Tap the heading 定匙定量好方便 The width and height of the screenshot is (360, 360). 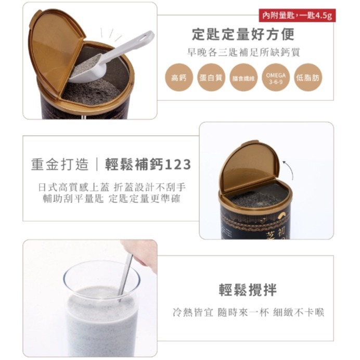pos(243,35)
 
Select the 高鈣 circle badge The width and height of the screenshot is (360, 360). pos(178,78)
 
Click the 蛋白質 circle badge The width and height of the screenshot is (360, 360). pos(211,78)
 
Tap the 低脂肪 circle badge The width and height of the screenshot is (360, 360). pos(307,78)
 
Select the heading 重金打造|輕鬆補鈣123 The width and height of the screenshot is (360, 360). pos(111,165)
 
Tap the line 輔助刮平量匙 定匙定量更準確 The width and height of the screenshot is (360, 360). pos(111,199)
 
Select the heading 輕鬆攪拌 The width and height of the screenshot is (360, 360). pos(248,290)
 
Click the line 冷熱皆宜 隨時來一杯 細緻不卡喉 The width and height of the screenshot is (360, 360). pos(248,313)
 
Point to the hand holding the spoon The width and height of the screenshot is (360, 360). pos(142,252)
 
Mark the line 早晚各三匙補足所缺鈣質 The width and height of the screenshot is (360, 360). pos(243,53)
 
